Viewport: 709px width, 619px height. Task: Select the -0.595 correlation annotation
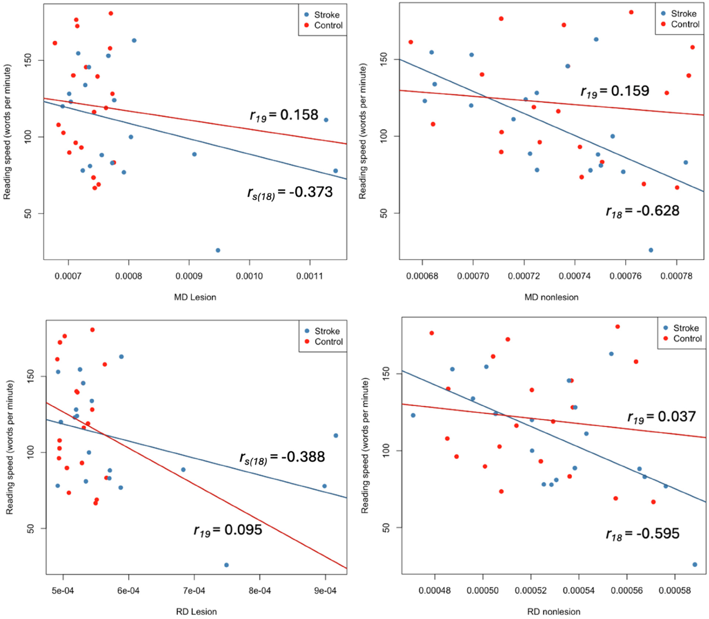642,534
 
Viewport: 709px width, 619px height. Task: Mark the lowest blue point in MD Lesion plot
218,250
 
